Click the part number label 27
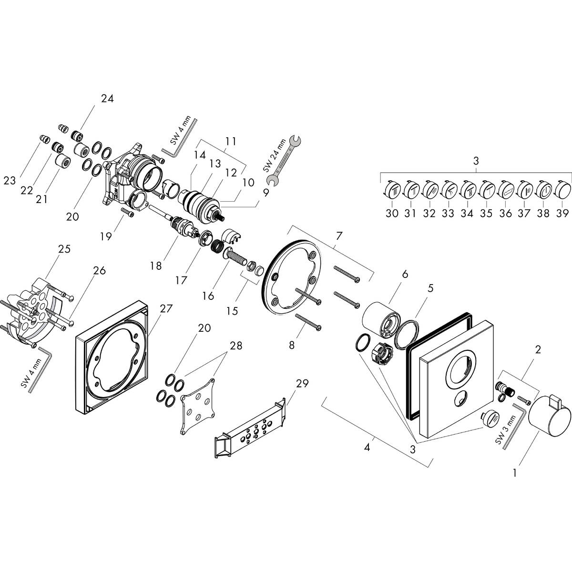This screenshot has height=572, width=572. click(x=165, y=308)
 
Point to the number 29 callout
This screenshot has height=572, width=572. click(x=302, y=383)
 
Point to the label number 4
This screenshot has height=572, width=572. click(x=367, y=448)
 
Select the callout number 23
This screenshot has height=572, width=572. click(x=10, y=181)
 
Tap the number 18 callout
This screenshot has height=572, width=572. click(x=156, y=266)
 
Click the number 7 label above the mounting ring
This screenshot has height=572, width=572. click(x=339, y=235)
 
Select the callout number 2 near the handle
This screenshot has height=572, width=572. click(x=538, y=350)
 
